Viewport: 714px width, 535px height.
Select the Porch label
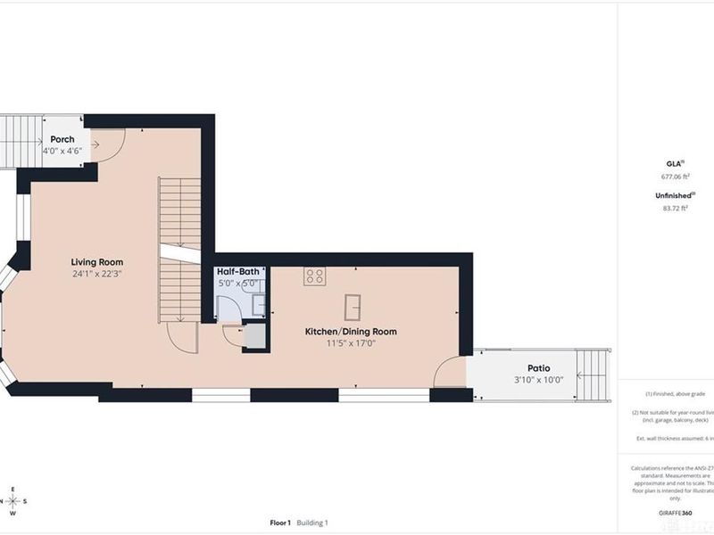62,139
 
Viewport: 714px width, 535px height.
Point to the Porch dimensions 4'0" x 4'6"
62,151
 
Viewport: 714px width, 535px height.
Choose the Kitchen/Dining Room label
351,331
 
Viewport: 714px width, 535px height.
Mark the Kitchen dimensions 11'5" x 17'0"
351,343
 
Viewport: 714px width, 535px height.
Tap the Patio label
538,367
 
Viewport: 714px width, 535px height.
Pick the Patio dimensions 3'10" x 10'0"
538,380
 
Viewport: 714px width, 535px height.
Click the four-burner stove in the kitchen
314,276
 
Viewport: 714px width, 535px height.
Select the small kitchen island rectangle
354,304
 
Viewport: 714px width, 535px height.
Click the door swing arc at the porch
108,145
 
